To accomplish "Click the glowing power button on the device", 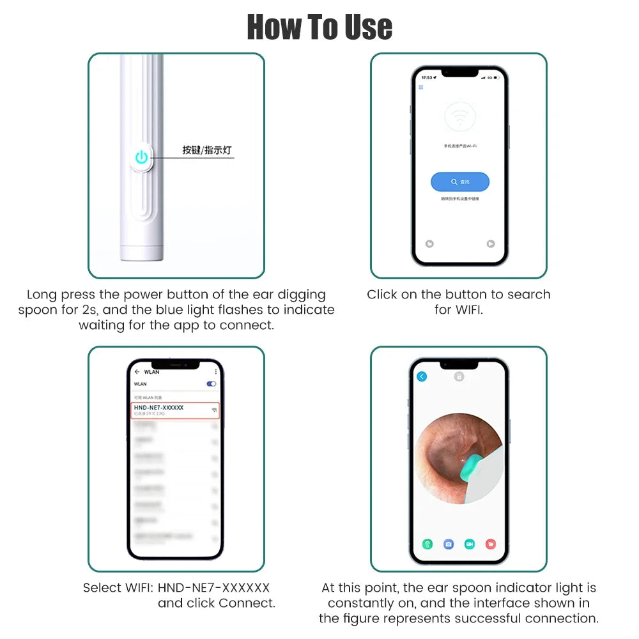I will pos(141,157).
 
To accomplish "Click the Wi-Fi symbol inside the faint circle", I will pos(460,118).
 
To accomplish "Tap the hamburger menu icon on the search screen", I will pos(421,87).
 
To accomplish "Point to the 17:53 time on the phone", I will pos(427,77).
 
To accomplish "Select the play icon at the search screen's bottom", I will pos(490,243).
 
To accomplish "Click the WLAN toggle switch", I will pos(212,384).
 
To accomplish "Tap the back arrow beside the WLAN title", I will pos(137,371).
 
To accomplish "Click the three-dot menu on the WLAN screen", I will pos(216,371).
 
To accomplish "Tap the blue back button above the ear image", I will pos(422,377).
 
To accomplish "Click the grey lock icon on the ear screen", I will pos(459,376).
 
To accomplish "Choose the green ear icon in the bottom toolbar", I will pos(428,544).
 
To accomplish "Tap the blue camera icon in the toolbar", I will pos(449,544).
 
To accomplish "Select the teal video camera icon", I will pos(470,544).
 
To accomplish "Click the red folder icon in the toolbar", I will pos(490,544).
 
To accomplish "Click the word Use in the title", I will pos(366,27).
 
